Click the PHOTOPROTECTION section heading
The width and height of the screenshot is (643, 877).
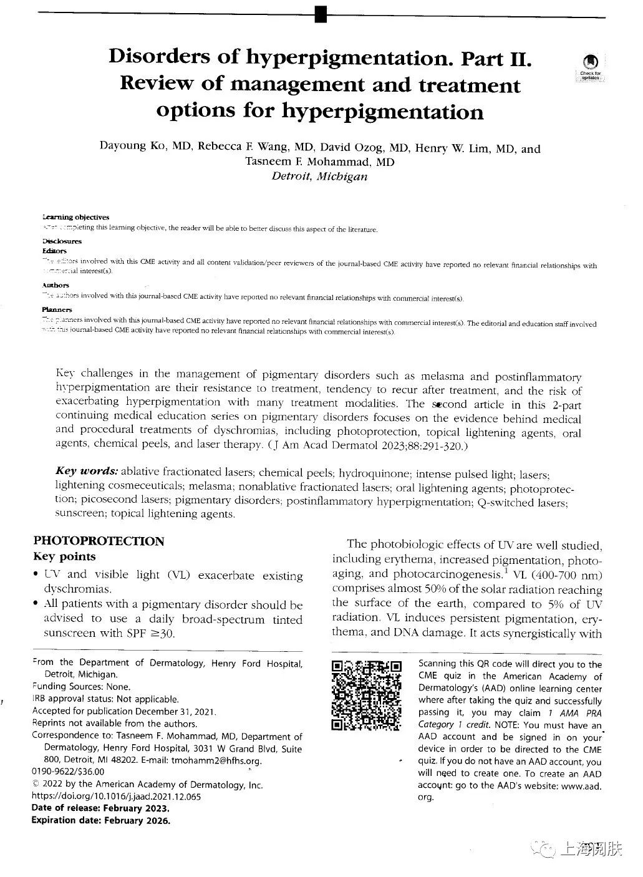click(99, 541)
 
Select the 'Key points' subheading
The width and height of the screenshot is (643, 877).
click(64, 556)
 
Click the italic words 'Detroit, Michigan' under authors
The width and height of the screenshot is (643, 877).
click(319, 176)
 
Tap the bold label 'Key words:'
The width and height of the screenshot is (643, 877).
click(87, 471)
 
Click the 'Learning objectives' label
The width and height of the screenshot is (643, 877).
click(75, 217)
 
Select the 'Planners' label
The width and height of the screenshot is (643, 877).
click(57, 309)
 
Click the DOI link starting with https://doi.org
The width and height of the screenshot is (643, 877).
click(116, 796)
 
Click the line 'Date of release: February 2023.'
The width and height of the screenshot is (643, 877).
click(100, 808)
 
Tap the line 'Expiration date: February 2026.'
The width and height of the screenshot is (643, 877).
click(100, 820)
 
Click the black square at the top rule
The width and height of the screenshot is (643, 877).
click(321, 13)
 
